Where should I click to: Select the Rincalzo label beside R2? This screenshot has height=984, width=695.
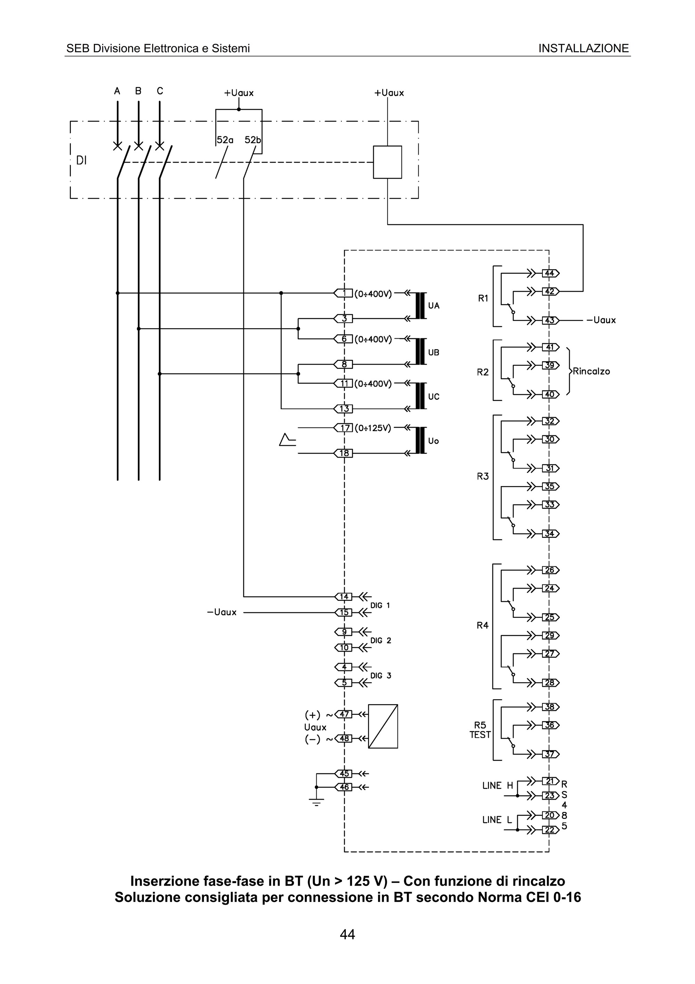[x=591, y=371]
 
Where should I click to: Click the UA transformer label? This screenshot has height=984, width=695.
[x=434, y=306]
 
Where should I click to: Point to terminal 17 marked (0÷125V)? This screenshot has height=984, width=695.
[x=345, y=427]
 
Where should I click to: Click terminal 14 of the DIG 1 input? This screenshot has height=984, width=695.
[x=344, y=597]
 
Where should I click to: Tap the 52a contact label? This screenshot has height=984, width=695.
[x=225, y=140]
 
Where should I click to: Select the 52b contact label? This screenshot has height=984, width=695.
[x=253, y=140]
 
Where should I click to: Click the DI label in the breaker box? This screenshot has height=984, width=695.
[x=81, y=160]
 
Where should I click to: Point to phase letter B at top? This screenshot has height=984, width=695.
[x=138, y=91]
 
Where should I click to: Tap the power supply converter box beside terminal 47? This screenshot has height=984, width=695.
[x=383, y=726]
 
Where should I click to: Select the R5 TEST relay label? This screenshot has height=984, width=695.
[x=480, y=730]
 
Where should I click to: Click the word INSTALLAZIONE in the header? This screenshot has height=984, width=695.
[x=583, y=48]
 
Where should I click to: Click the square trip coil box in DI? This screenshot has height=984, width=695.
[x=387, y=162]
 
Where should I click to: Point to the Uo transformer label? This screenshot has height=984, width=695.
[x=433, y=441]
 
